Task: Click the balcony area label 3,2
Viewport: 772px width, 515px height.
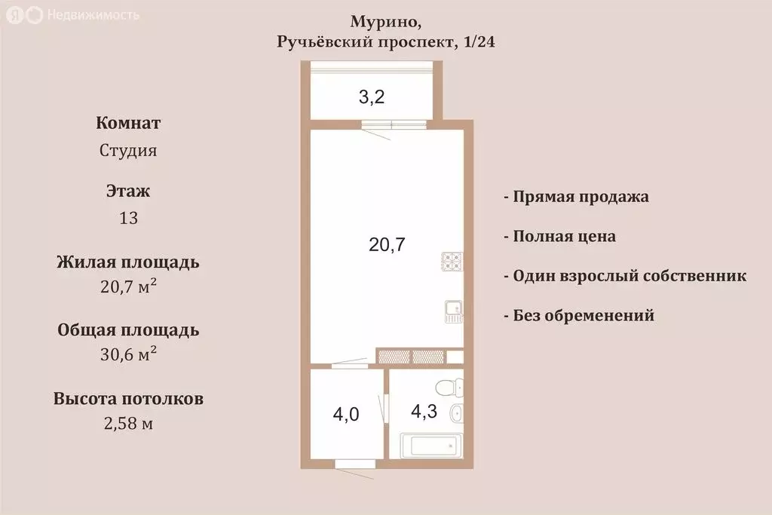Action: (371, 97)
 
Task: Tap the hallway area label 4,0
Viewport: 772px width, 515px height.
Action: (347, 414)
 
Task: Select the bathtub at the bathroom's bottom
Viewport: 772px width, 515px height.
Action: (428, 446)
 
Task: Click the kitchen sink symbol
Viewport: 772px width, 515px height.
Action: (452, 310)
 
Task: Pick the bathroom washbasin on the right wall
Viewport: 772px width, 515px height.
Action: (455, 413)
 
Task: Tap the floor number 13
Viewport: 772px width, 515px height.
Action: (128, 218)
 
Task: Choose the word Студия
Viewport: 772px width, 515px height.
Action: (128, 150)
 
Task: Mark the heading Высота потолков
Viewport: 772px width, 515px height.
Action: (128, 399)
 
